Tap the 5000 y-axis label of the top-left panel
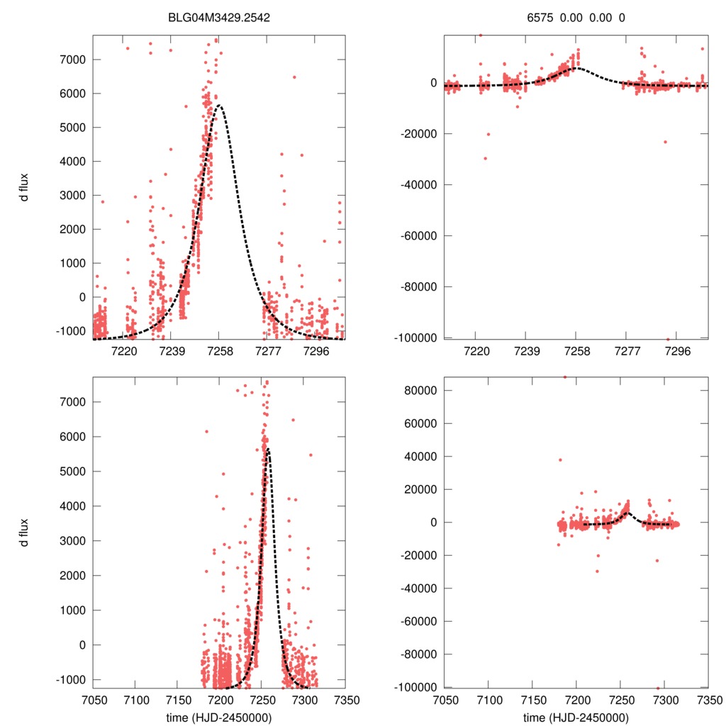(x=71, y=128)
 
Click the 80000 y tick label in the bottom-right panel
(x=419, y=391)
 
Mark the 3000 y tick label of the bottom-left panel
(x=71, y=541)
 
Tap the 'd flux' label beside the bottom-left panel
(x=25, y=532)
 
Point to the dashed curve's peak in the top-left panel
(x=219, y=106)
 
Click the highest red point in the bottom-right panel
(x=565, y=377)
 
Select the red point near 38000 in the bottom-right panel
(x=560, y=459)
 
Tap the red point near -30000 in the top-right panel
(x=485, y=158)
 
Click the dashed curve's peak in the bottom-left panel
(x=268, y=448)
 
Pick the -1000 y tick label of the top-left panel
(x=71, y=331)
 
